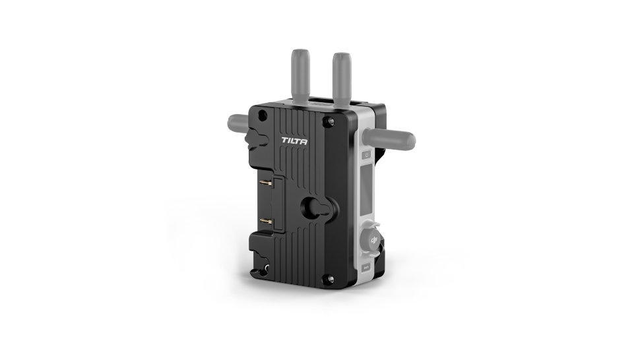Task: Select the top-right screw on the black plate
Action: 326,121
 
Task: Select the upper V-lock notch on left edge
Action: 257,139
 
